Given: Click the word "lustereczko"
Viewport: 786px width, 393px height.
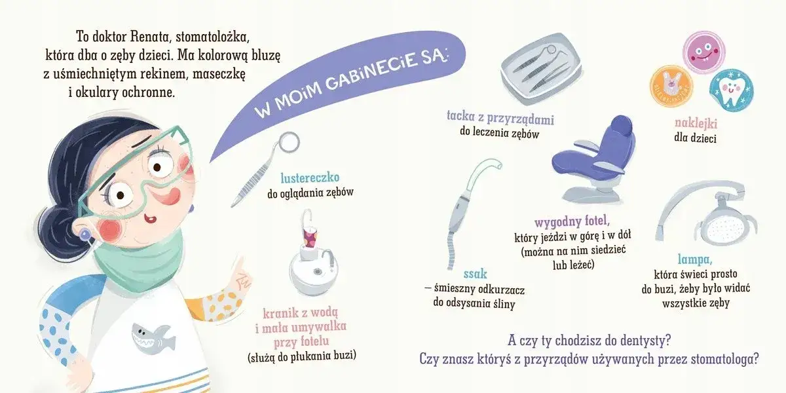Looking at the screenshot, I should (x=310, y=178).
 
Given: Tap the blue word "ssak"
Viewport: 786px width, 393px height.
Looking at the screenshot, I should (x=457, y=272).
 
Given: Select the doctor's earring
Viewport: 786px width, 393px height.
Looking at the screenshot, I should (x=84, y=233).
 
